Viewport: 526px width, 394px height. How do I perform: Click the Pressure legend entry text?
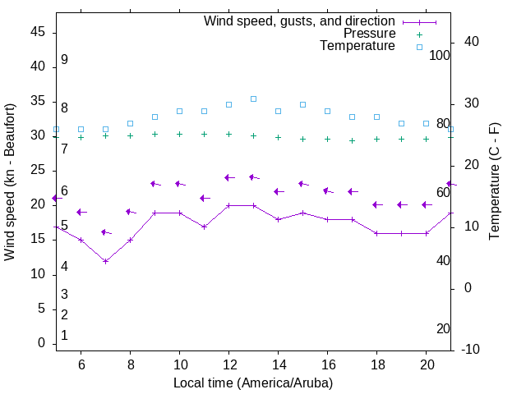tap(369, 34)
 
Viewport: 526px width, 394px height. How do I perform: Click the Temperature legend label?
tap(358, 47)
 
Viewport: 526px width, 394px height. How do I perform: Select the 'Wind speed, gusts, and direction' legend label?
tap(300, 21)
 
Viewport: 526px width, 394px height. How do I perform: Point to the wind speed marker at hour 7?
tap(105, 261)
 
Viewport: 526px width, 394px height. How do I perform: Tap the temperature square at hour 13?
tap(253, 98)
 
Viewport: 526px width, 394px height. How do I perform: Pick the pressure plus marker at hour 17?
tap(352, 140)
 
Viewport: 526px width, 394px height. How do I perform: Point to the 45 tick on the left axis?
tap(39, 31)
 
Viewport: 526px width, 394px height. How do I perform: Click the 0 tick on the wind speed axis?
tap(42, 344)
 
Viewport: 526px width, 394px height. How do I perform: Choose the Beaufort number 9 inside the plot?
tap(64, 60)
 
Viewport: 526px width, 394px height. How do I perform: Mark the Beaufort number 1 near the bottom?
tap(64, 335)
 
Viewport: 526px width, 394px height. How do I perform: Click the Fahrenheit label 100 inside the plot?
tap(440, 55)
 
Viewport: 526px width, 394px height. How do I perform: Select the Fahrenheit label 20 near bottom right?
tap(443, 328)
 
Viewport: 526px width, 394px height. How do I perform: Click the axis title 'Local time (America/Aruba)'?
tap(253, 383)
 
